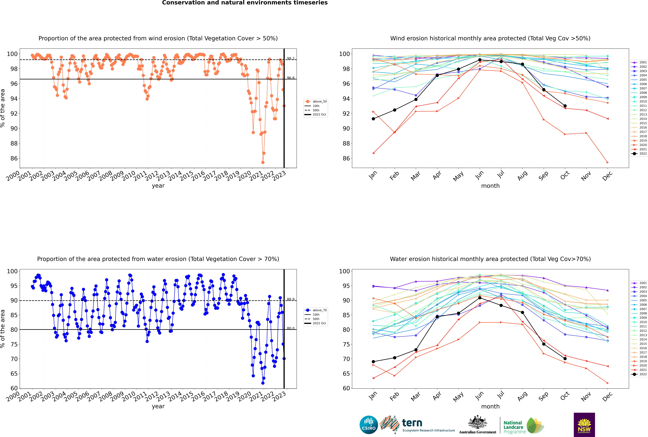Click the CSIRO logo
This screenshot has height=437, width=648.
pyautogui.click(x=369, y=425)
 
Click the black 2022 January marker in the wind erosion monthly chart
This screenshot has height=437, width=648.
pyautogui.click(x=373, y=119)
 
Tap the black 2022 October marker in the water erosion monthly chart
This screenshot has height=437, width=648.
pyautogui.click(x=565, y=358)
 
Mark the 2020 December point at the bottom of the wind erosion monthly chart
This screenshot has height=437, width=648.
pyautogui.click(x=608, y=162)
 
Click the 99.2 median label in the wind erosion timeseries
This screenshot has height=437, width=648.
pyautogui.click(x=291, y=59)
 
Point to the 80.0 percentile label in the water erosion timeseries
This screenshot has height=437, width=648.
pyautogui.click(x=291, y=328)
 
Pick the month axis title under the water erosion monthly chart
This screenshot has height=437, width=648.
pyautogui.click(x=490, y=406)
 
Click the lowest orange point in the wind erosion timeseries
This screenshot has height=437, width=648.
pyautogui.click(x=263, y=162)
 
